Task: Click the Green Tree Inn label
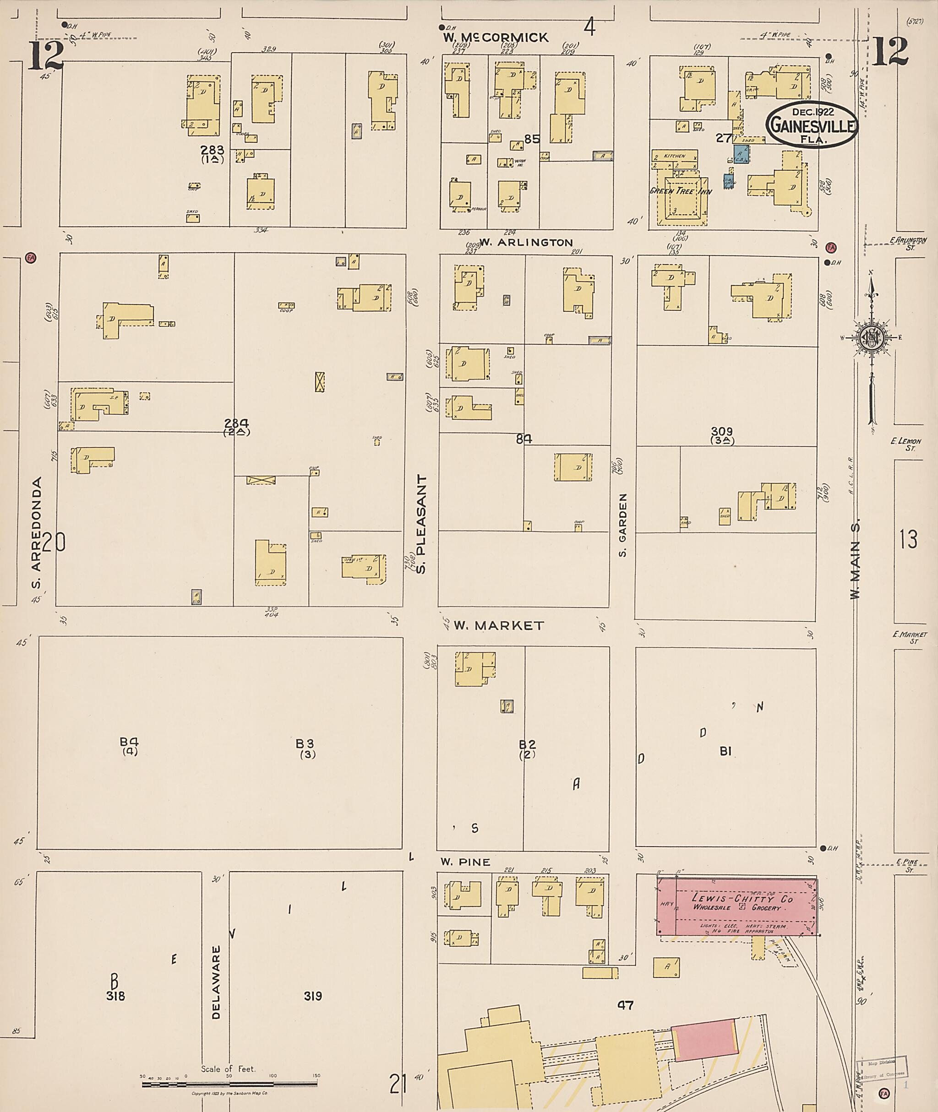[681, 191]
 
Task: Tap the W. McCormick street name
[496, 37]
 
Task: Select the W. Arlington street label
[526, 242]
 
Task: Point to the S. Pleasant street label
[422, 524]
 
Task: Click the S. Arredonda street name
[36, 533]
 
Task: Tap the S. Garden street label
[623, 525]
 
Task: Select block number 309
[721, 432]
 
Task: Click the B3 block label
[305, 743]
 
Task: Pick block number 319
[313, 996]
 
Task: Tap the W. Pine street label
[465, 862]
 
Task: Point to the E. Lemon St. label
[905, 445]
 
